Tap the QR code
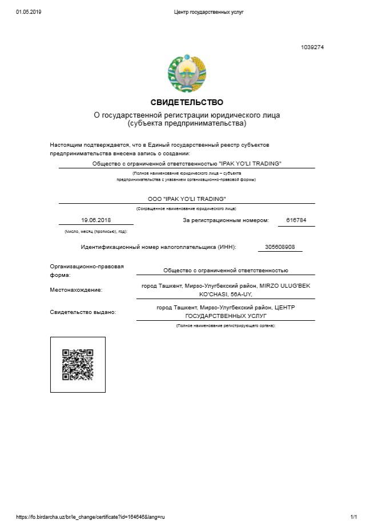pos(78,365)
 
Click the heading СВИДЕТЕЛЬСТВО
pos(187,102)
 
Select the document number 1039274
pos(312,47)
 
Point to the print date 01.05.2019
pos(29,12)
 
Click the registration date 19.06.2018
pos(95,220)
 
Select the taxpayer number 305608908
pos(280,247)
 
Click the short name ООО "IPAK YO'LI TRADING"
pos(187,199)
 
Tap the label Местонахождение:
pos(76,290)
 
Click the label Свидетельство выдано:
pos(83,312)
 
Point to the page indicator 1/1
pos(354,517)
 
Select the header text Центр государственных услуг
pos(208,12)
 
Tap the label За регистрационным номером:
pos(225,220)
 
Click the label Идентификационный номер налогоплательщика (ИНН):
pos(158,247)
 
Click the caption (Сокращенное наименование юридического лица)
pos(186,209)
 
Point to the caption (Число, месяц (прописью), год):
pos(95,232)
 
